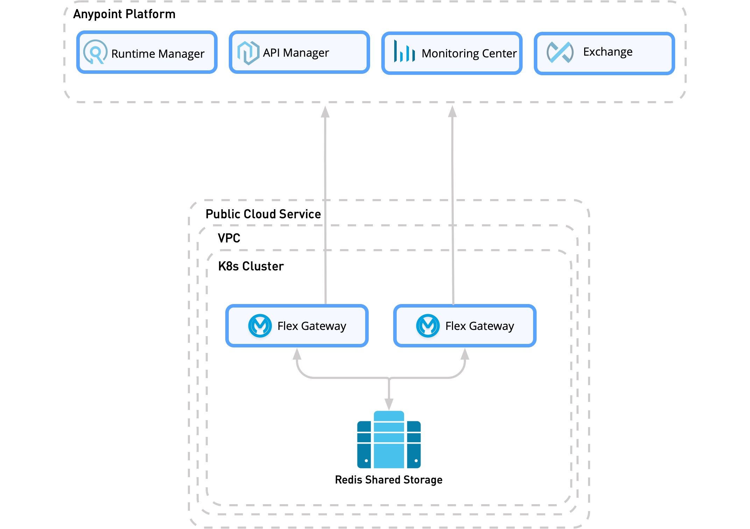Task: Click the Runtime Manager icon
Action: [95, 52]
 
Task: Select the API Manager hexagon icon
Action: [248, 53]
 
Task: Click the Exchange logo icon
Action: [560, 52]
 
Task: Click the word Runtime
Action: [133, 54]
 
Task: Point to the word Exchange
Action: [608, 52]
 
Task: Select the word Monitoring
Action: [450, 54]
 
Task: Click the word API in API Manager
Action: [271, 53]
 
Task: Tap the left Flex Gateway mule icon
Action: [260, 326]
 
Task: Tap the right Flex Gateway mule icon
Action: [428, 326]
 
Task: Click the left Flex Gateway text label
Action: [312, 326]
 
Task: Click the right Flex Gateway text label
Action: [480, 326]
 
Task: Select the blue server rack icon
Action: [389, 440]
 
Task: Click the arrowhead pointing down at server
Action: [389, 404]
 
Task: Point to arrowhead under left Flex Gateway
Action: [297, 354]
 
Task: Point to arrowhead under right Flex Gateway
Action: [465, 354]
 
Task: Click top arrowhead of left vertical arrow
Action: [325, 112]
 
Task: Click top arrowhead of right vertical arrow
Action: [452, 112]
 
